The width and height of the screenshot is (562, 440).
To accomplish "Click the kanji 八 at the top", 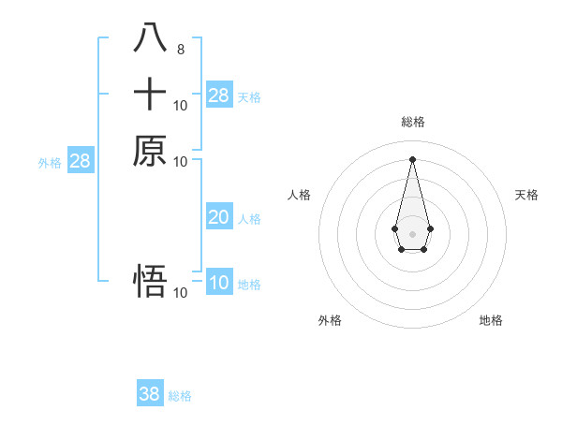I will point(150,39).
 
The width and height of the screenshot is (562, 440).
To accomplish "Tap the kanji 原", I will point(150,150).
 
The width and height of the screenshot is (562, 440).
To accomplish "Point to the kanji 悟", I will point(150,282).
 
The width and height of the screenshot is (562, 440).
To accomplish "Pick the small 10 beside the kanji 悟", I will point(181,293).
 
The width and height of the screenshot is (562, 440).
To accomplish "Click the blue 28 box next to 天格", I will point(219,95).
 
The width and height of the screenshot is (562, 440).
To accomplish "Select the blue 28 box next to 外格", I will point(81,161).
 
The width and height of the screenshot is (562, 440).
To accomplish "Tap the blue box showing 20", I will point(219,217).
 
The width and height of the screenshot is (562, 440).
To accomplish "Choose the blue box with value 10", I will point(219,283).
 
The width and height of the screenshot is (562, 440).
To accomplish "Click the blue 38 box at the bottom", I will point(150,394).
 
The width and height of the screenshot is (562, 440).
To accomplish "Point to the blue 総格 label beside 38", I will point(180,396).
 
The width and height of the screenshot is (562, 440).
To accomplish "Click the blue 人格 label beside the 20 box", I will point(249,219).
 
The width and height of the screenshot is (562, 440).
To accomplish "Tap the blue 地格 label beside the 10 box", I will point(249,285).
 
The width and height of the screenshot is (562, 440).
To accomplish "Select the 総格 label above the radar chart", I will point(412,122).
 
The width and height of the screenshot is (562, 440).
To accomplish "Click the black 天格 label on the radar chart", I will point(526,195).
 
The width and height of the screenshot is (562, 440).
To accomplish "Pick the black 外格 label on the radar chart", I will point(330,320).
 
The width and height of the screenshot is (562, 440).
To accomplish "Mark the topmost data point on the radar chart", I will point(412,158).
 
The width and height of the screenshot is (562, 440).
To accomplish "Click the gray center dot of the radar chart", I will point(412,233).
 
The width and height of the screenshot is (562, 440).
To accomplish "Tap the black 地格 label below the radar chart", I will point(491,320).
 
